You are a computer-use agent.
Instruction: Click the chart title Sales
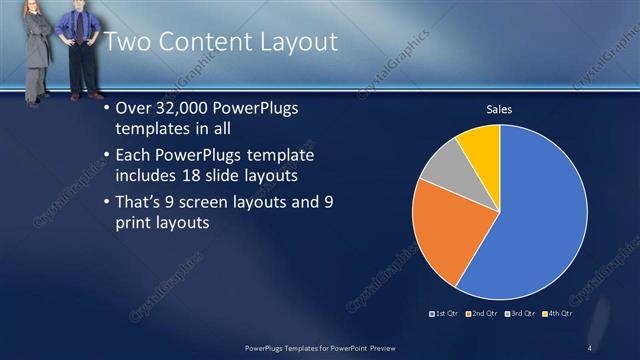pos(499,109)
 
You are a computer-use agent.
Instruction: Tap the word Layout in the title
pos(292,42)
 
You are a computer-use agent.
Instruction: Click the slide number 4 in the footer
pos(590,347)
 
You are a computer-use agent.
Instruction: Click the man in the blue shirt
pos(78,50)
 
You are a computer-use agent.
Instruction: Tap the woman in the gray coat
pos(35,50)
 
